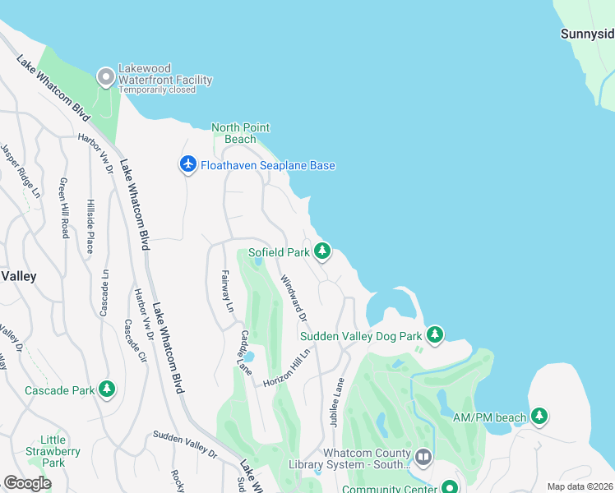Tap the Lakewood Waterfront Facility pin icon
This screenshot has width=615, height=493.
pos(105,78)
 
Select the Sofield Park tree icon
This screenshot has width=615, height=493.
pos(322,251)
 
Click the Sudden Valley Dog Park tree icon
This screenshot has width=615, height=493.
pos(435,334)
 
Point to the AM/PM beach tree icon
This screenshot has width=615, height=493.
pos(539,417)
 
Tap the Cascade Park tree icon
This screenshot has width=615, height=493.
pos(107,389)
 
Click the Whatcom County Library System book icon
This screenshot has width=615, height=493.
pos(423,456)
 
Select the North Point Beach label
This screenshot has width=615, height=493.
pos(241,133)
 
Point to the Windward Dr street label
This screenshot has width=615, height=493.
pos(294,297)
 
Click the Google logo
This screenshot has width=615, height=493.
pos(27,483)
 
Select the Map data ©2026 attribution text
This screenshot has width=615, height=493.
pos(580,486)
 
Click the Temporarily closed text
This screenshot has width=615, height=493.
pos(157,90)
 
